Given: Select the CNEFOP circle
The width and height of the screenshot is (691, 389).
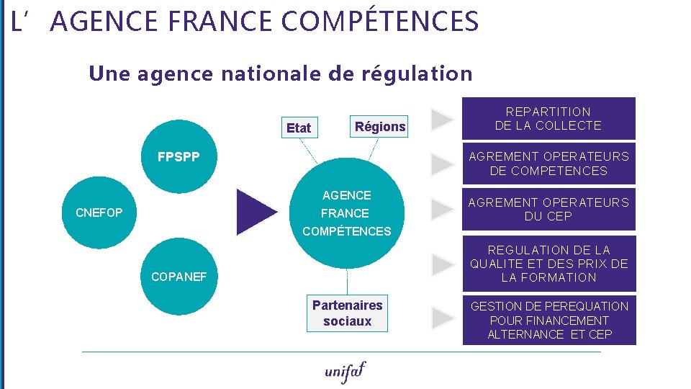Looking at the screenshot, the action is point(99,213).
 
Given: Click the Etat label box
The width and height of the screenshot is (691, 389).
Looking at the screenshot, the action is point(299,128).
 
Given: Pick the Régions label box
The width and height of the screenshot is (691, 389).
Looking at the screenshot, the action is point(379,127).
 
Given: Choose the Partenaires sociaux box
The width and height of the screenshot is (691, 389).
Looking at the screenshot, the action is point(347,313).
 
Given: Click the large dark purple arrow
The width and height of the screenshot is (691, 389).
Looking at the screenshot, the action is point(255,212).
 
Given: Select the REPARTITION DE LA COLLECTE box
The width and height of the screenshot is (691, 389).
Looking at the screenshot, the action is point(548,118).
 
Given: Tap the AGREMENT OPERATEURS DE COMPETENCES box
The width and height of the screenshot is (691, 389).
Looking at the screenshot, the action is point(548,164).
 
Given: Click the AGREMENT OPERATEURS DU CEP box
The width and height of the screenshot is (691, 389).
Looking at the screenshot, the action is point(548,210).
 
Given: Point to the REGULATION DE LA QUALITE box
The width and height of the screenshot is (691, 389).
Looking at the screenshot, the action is point(548,264).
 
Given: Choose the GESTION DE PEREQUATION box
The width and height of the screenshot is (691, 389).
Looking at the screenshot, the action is point(548,320).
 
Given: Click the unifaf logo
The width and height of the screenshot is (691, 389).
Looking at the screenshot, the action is point(345,371).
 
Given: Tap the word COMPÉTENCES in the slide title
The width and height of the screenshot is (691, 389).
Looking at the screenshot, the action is point(379,22).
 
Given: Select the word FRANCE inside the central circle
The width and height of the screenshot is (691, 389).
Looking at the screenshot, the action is point(345,213).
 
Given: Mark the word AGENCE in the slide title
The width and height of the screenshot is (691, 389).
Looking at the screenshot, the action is point(105,22).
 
